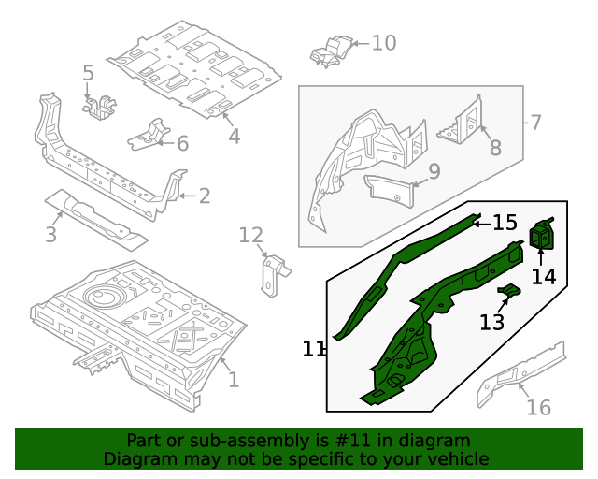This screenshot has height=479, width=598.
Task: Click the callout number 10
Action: (x=383, y=43)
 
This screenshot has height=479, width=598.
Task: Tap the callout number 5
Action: (x=88, y=73)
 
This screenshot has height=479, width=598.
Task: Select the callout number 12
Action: (x=251, y=235)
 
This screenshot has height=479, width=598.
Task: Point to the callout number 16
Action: (x=538, y=407)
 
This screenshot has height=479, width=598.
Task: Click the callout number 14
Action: (x=544, y=276)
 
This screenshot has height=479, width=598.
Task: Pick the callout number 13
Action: (x=492, y=323)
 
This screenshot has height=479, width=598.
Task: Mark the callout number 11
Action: (x=314, y=349)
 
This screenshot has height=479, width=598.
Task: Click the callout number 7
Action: (x=534, y=123)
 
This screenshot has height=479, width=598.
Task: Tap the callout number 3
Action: (x=51, y=234)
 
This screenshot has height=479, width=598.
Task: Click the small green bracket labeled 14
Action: (x=543, y=236)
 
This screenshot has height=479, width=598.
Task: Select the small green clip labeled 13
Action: (x=509, y=293)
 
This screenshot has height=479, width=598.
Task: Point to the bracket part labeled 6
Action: (x=149, y=136)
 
